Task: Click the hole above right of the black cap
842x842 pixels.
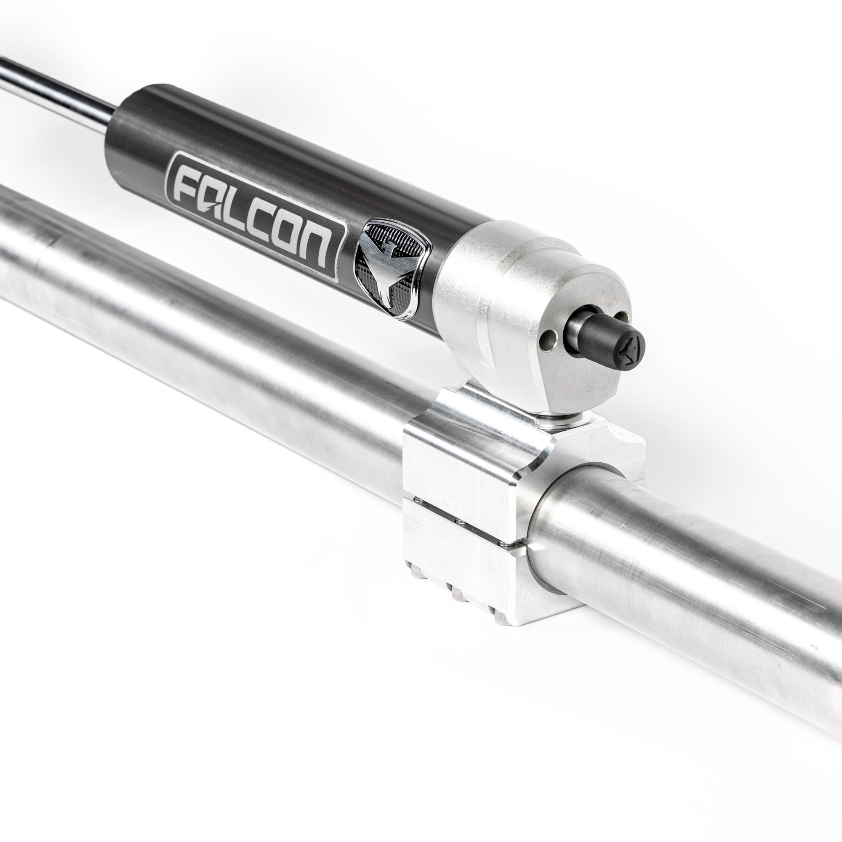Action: point(624,317)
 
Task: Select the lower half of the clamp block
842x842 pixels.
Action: point(462,558)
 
